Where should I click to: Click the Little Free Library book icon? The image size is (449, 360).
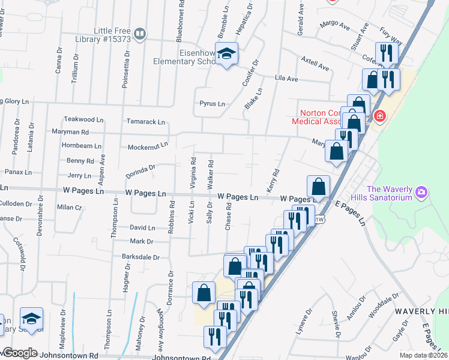tap(139, 34)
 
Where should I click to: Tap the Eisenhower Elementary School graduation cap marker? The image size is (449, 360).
tap(227, 54)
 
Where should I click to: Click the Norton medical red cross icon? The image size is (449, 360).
tap(379, 116)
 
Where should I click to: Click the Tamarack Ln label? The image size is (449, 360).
tap(145, 122)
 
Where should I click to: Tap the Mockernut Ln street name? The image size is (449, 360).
tap(148, 146)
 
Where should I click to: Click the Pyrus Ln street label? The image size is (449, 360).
tap(212, 104)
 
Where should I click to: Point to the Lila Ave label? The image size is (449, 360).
tap(286, 79)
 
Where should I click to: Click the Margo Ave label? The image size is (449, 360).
tap(335, 25)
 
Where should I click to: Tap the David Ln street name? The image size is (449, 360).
tap(142, 228)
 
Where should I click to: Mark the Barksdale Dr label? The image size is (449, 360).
tap(140, 257)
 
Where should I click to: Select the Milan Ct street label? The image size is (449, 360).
tap(69, 207)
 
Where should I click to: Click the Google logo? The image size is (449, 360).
tap(20, 353)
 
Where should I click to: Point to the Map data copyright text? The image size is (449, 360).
tap(424, 355)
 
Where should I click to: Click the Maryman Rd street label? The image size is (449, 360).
tap(70, 132)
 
